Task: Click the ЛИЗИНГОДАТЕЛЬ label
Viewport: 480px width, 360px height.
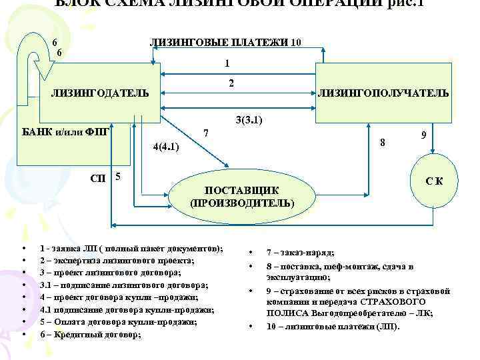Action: [x=100, y=91]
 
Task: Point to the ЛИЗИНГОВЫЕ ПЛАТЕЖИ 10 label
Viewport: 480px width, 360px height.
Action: [x=227, y=43]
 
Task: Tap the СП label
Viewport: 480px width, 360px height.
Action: [x=97, y=179]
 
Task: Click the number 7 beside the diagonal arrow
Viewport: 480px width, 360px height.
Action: [x=207, y=133]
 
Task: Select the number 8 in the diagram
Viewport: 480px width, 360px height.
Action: [x=382, y=142]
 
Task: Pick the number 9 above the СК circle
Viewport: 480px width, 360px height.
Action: [x=424, y=134]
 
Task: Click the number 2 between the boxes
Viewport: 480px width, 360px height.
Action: [x=231, y=84]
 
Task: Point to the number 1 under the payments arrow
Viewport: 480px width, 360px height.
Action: [x=227, y=64]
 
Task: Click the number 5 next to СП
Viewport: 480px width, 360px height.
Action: [x=118, y=177]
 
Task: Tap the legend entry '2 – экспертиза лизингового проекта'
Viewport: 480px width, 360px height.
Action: [x=117, y=261]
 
